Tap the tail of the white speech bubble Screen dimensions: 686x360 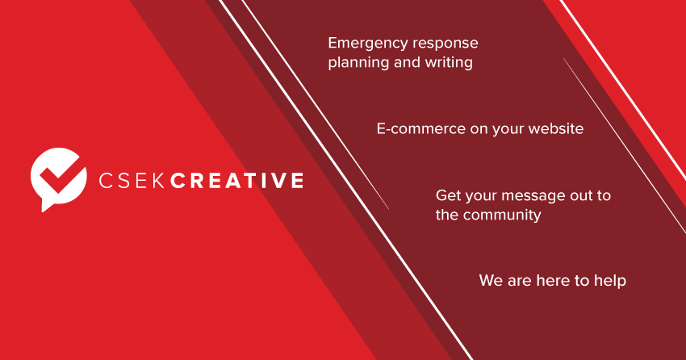point(46,206)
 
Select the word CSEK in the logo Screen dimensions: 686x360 point(132,181)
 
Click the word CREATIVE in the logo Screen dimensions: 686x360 point(236,181)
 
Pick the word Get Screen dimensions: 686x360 point(448,195)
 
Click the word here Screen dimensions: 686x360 point(554,280)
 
